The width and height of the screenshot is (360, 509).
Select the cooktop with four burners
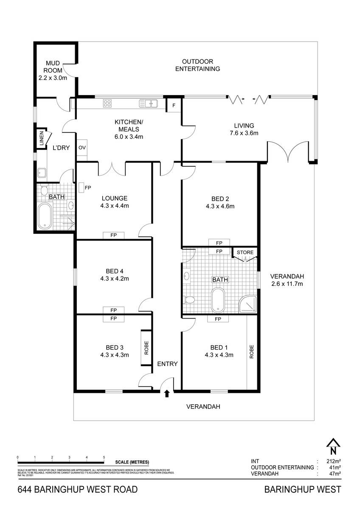(x=107, y=103)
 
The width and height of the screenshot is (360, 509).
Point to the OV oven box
(x=82, y=148)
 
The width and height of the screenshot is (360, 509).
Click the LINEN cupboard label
(x=42, y=140)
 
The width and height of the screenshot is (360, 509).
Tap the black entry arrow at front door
(x=167, y=394)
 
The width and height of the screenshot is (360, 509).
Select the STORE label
(x=245, y=252)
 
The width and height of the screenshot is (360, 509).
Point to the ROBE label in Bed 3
(x=146, y=348)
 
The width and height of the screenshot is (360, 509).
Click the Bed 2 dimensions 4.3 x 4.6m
(x=220, y=207)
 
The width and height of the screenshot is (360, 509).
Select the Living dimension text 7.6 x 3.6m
(x=244, y=133)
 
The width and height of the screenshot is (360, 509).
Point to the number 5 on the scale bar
(x=104, y=457)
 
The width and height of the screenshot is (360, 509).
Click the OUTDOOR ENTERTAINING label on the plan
(x=197, y=65)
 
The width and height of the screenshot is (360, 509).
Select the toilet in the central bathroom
(x=189, y=300)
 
